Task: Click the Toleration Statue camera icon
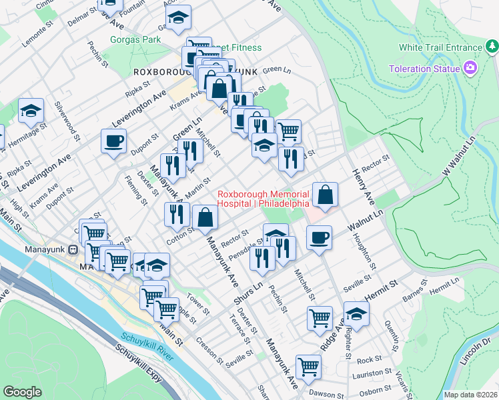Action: point(470,68)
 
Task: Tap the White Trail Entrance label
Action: point(440,47)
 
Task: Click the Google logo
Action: point(22,392)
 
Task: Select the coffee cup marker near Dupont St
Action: point(113,141)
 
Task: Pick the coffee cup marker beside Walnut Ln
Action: point(319,238)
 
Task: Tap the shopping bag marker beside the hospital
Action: point(325,195)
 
